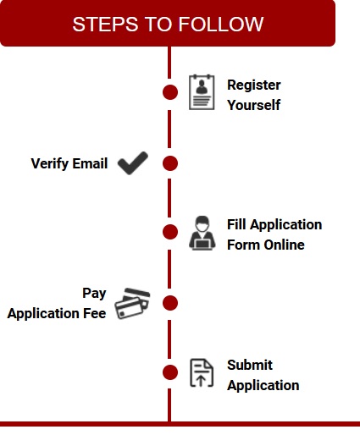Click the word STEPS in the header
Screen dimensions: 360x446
pos(105,25)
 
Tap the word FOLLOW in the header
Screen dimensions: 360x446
pos(221,25)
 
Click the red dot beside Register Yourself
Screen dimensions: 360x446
pos(170,92)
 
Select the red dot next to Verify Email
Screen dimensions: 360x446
pos(170,163)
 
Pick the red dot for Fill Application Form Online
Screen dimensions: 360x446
pos(170,232)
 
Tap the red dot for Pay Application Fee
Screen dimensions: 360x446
pos(170,303)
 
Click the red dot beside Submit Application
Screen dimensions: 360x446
pos(170,372)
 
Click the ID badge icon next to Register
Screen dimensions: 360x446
pos(202,92)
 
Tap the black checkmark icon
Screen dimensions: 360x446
pos(133,163)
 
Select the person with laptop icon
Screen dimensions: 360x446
pos(202,234)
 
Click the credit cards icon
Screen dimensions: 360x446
pos(132,304)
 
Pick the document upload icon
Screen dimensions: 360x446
pos(202,372)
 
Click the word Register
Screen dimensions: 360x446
pos(254,85)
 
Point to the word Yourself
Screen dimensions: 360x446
pos(254,105)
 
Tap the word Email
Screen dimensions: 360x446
pos(90,163)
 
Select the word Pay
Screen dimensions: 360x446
pos(94,294)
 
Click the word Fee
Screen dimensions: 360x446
pos(95,313)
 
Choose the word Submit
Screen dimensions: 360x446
pos(250,365)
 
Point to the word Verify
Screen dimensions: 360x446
pos(49,164)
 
